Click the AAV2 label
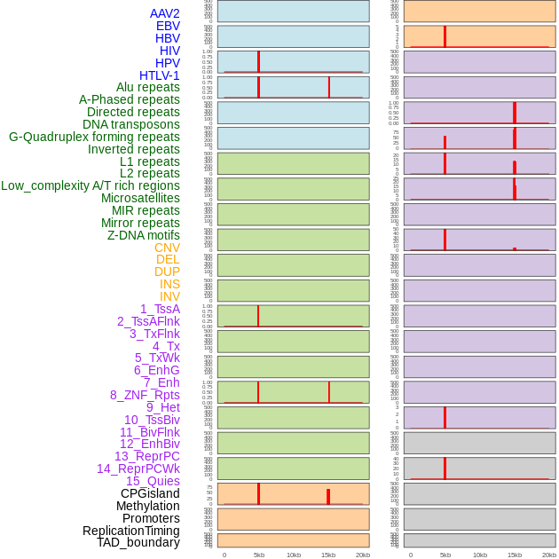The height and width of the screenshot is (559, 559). tap(165, 13)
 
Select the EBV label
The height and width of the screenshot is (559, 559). tap(168, 26)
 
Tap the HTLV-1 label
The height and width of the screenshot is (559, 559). tap(160, 75)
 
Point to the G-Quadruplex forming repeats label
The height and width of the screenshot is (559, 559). tap(94, 137)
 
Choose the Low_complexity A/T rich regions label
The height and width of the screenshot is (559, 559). tap(91, 185)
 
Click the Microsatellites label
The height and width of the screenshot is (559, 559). tap(140, 198)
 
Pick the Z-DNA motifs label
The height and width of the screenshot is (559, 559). tap(144, 235)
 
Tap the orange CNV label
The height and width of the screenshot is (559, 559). tap(167, 248)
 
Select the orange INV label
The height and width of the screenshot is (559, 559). tap(169, 296)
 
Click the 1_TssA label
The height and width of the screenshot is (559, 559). tap(160, 309)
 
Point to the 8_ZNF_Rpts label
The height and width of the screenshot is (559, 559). tap(145, 395)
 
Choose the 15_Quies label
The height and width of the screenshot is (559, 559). tap(153, 481)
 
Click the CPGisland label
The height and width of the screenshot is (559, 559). tap(150, 493)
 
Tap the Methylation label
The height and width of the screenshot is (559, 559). tap(147, 506)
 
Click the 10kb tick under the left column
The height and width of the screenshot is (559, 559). tap(294, 555)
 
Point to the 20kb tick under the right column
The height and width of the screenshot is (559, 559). tap(549, 555)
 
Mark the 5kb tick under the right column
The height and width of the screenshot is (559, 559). tap(445, 555)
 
